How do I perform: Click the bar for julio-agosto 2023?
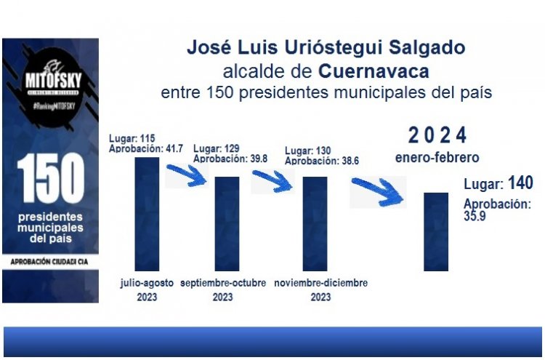coord(147,214)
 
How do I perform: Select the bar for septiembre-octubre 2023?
coord(227,223)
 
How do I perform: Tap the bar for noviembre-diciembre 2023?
coord(315,223)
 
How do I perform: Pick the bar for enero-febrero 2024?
coord(436,231)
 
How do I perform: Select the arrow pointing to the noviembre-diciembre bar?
coord(272,180)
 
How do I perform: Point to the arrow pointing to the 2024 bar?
coord(379,191)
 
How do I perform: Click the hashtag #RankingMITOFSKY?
coord(50,106)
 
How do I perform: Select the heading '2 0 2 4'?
coord(436,135)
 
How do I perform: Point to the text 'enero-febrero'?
coord(437,157)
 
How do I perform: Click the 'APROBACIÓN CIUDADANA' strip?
coord(50,260)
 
